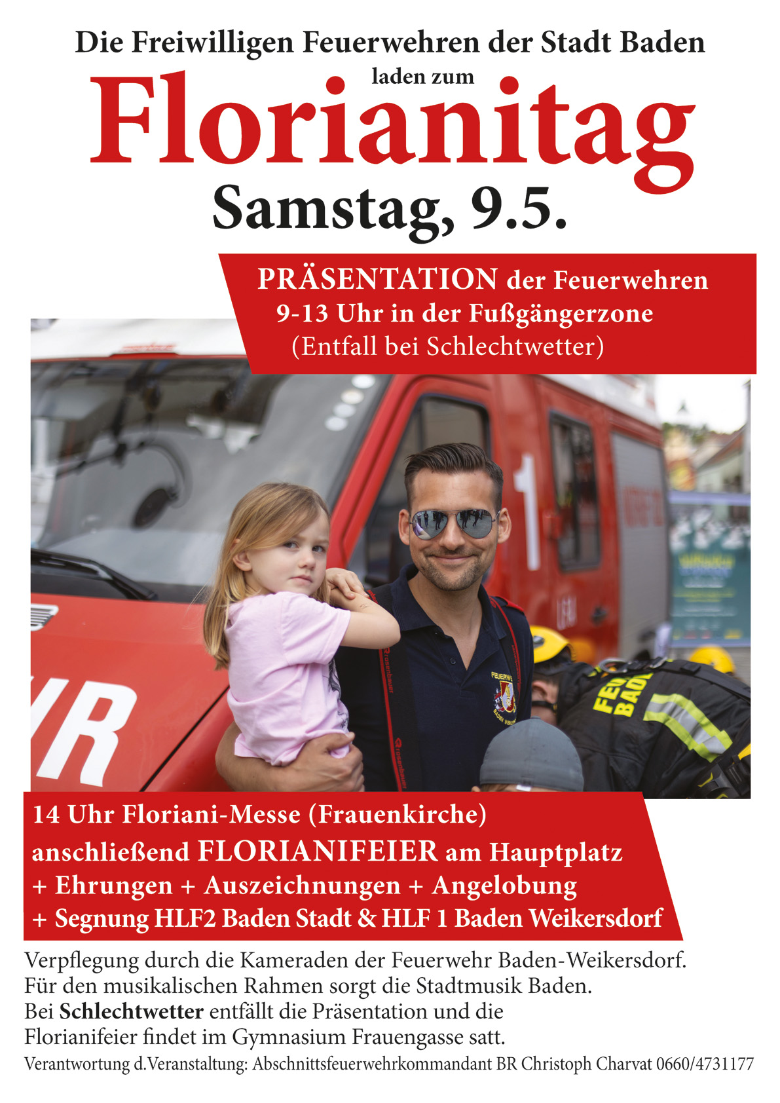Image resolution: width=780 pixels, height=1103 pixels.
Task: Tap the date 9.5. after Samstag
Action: click(518, 208)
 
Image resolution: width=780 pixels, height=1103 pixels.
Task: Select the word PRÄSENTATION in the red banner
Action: click(377, 280)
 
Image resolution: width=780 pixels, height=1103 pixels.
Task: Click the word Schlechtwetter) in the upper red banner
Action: click(515, 346)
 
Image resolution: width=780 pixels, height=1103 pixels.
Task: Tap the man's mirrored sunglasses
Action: click(453, 523)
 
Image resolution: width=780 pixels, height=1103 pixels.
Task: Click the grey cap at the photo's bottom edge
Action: click(532, 756)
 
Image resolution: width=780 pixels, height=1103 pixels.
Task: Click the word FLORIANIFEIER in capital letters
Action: click(318, 851)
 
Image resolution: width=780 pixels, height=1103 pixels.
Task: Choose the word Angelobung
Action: click(504, 885)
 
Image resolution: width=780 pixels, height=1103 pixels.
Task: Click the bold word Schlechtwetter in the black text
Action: click(132, 1011)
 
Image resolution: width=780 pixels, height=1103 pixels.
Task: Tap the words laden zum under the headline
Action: click(422, 77)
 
